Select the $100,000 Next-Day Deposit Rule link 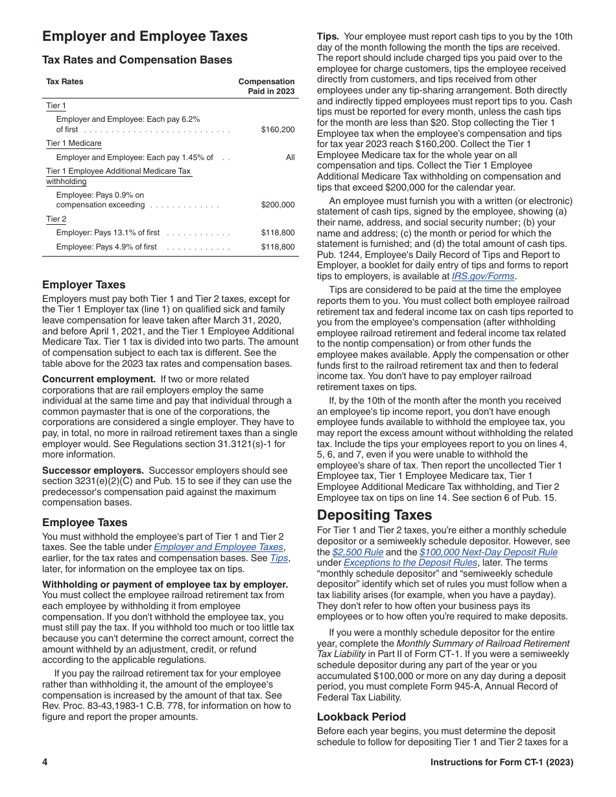point(488,552)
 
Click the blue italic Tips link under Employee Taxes point(279,558)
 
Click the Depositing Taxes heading point(374,515)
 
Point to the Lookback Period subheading point(361,717)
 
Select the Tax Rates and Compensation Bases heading point(137,60)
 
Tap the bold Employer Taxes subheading point(84,284)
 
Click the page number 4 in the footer point(45,762)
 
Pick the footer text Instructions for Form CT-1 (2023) point(501,762)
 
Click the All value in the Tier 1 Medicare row point(290,157)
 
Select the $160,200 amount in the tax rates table point(278,130)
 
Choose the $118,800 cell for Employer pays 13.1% point(278,233)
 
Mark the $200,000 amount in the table point(278,205)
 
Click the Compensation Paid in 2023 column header point(267,86)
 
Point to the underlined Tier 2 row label point(56,219)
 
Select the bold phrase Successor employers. point(93,470)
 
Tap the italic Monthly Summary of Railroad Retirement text point(483,643)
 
